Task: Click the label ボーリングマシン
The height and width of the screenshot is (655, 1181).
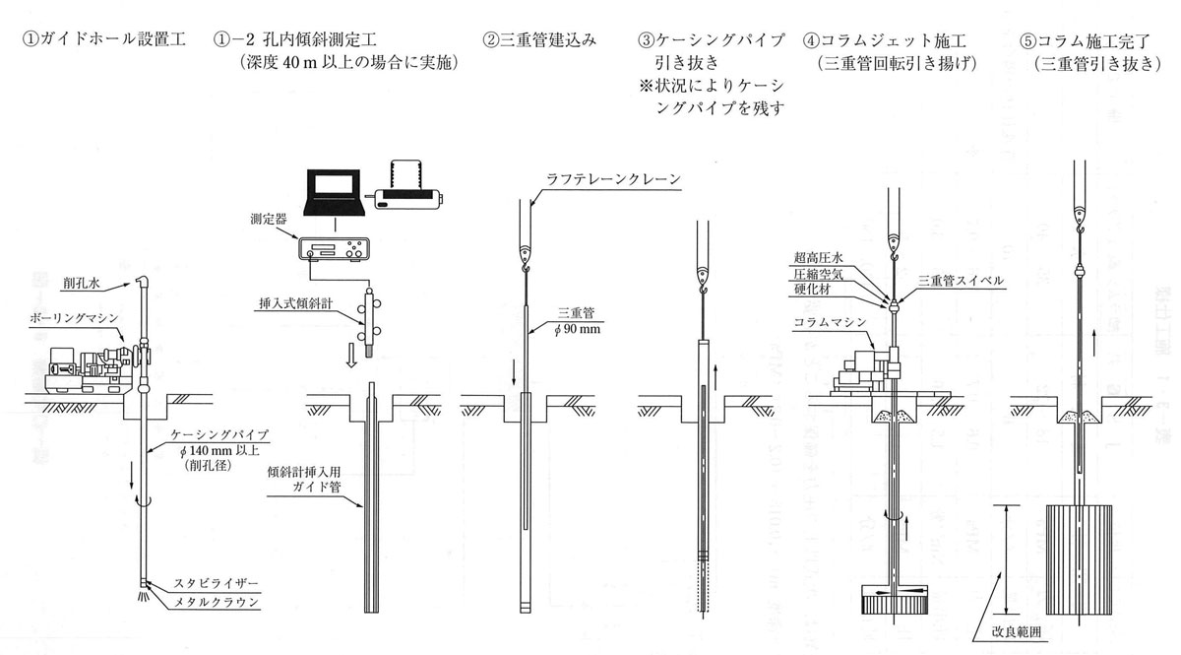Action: coord(75,318)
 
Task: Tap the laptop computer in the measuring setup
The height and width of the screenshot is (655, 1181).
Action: coord(335,193)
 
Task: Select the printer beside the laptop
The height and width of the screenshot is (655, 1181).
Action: coord(408,187)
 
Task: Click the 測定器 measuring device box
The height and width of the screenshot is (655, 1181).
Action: coord(334,249)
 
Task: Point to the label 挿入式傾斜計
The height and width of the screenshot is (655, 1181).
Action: coord(296,303)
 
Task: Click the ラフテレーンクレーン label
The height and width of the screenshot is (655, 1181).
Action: coord(613,179)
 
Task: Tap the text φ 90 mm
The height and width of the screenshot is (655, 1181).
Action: coord(577,329)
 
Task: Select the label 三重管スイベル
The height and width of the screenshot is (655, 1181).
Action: coord(961,281)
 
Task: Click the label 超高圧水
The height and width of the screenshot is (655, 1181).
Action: coord(818,257)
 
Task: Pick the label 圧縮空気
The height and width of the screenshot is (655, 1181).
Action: coord(818,274)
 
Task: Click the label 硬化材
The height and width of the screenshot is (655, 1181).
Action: coord(812,290)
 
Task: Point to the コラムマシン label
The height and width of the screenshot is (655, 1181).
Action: coord(830,322)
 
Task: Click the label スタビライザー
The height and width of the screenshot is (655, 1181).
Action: coord(217,584)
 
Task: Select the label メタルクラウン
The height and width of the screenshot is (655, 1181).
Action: coord(217,602)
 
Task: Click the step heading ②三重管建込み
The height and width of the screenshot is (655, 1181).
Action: coord(540,40)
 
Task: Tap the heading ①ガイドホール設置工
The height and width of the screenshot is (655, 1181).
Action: coord(104,39)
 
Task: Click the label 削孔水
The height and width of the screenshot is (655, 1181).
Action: coord(81,284)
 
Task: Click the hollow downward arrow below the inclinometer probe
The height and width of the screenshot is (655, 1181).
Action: coord(351,359)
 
